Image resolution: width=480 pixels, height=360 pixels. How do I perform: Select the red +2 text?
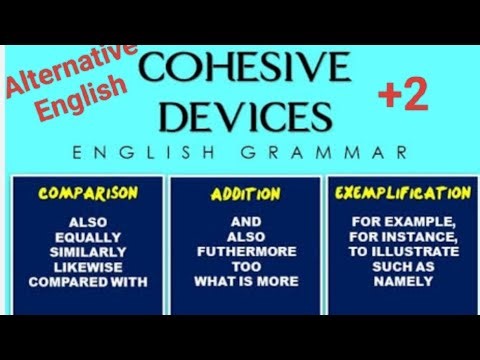[402, 97]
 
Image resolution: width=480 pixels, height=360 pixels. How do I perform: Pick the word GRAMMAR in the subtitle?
[350, 154]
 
